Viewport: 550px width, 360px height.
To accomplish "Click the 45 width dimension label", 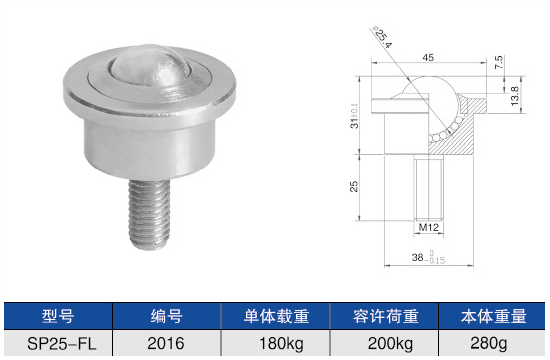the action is point(428,58).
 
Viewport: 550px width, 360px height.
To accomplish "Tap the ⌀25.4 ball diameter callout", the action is point(383,37).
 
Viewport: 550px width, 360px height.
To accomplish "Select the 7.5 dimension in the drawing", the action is point(498,62).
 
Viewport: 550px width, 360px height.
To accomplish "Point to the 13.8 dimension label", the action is point(514,96).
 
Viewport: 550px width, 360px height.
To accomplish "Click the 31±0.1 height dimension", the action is point(354,116).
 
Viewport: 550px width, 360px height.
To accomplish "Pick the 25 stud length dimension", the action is point(354,186).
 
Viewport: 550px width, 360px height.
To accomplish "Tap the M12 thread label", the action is point(429,227).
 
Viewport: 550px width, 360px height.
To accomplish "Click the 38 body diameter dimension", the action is point(428,258).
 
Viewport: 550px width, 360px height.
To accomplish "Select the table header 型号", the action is point(58,316).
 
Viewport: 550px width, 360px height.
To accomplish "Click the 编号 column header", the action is point(167,316).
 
